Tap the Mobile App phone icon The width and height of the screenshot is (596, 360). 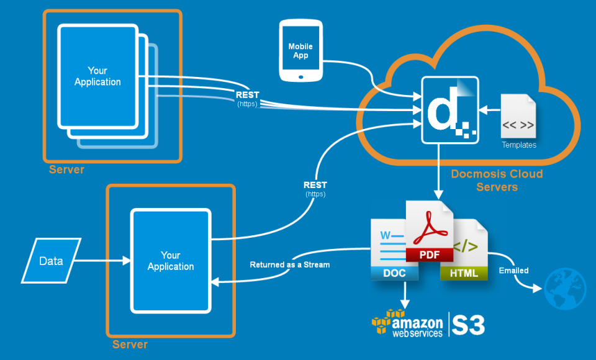point(300,51)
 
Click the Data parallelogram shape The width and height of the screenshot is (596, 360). point(52,261)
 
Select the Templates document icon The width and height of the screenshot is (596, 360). point(518,117)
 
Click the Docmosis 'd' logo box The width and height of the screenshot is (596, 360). point(450,110)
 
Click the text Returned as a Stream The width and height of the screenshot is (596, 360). point(289,264)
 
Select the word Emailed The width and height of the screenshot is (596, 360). point(513,271)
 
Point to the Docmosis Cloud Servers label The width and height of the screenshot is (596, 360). point(497,180)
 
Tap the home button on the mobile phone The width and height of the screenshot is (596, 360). point(300,77)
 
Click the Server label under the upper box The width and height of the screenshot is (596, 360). point(66,169)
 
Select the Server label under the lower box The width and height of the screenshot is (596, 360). point(130,344)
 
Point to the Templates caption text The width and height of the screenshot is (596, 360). point(518,145)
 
